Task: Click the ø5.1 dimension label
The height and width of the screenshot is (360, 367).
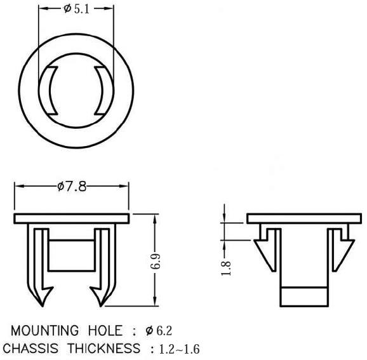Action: click(77, 10)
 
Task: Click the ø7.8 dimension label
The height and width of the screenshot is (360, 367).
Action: click(72, 187)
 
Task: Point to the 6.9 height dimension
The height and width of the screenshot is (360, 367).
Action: click(156, 261)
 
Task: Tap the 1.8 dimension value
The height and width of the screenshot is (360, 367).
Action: click(226, 268)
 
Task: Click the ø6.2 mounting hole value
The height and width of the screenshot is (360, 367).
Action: click(159, 331)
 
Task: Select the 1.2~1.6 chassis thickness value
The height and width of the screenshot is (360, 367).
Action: click(179, 349)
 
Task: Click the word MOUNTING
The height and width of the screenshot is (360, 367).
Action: click(44, 331)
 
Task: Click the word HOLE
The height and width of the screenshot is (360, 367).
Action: click(105, 331)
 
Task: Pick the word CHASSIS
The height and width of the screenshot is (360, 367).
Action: click(30, 349)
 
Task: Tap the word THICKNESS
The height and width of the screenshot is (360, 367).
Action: click(104, 349)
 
